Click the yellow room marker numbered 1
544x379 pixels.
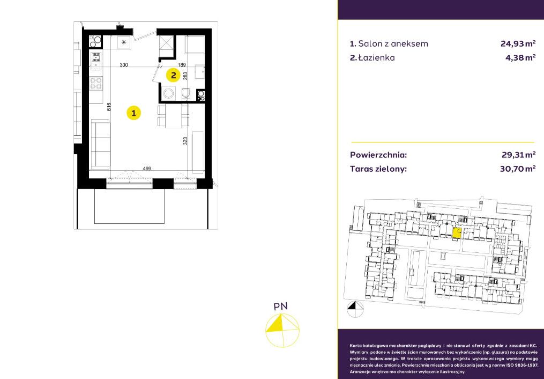[x=133, y=113]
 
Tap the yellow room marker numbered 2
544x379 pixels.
[x=173, y=75]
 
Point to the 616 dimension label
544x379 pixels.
[x=109, y=107]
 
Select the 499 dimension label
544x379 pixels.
[x=147, y=169]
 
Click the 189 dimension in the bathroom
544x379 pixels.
[x=182, y=64]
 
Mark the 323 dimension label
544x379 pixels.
[x=185, y=141]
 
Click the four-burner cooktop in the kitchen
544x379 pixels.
[x=96, y=83]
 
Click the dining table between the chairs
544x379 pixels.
[x=174, y=116]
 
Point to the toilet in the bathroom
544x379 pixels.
[x=185, y=94]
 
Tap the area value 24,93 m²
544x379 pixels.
[x=518, y=44]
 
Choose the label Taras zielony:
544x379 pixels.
[x=378, y=169]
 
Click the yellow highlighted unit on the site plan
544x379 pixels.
[x=457, y=233]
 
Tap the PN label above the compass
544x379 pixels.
[x=281, y=307]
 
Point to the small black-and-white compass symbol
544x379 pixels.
[x=355, y=309]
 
